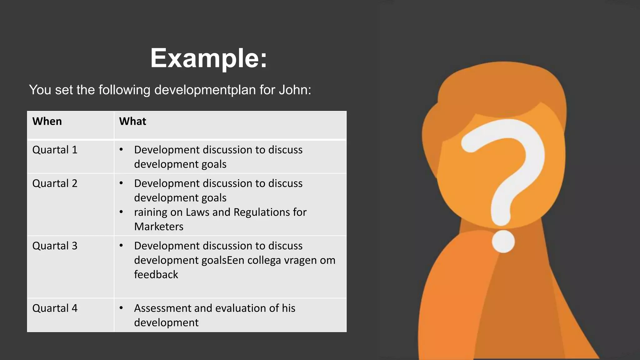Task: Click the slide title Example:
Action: click(209, 58)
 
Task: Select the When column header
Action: click(47, 121)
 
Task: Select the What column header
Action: click(132, 121)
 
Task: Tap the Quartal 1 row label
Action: click(55, 150)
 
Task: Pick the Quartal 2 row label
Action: click(55, 183)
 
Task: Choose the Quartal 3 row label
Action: click(55, 246)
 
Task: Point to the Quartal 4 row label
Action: click(55, 308)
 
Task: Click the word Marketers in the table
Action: click(159, 227)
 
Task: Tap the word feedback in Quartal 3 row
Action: click(156, 275)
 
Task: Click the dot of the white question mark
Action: click(503, 242)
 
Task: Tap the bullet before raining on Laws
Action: click(121, 212)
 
